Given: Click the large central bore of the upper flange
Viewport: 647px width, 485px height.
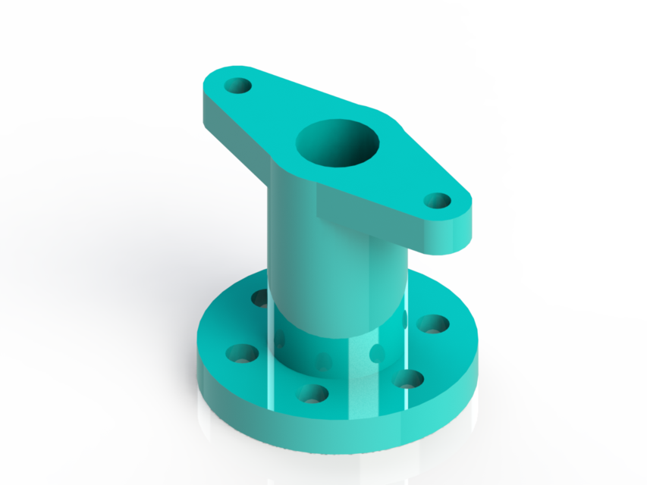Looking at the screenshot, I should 337,143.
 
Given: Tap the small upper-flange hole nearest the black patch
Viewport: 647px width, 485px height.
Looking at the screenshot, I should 437,200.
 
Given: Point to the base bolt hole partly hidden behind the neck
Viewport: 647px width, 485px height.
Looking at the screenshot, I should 260,297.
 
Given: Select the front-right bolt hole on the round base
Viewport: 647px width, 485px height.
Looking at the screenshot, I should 408,378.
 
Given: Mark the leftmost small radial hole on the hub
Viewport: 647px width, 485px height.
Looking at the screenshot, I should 280,338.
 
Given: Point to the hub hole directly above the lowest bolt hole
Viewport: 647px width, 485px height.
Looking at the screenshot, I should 324,361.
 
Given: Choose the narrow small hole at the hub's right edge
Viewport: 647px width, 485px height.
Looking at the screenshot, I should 406,319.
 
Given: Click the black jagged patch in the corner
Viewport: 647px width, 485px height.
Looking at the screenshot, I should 576,114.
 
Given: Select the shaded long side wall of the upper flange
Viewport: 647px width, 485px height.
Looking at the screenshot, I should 235,136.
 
